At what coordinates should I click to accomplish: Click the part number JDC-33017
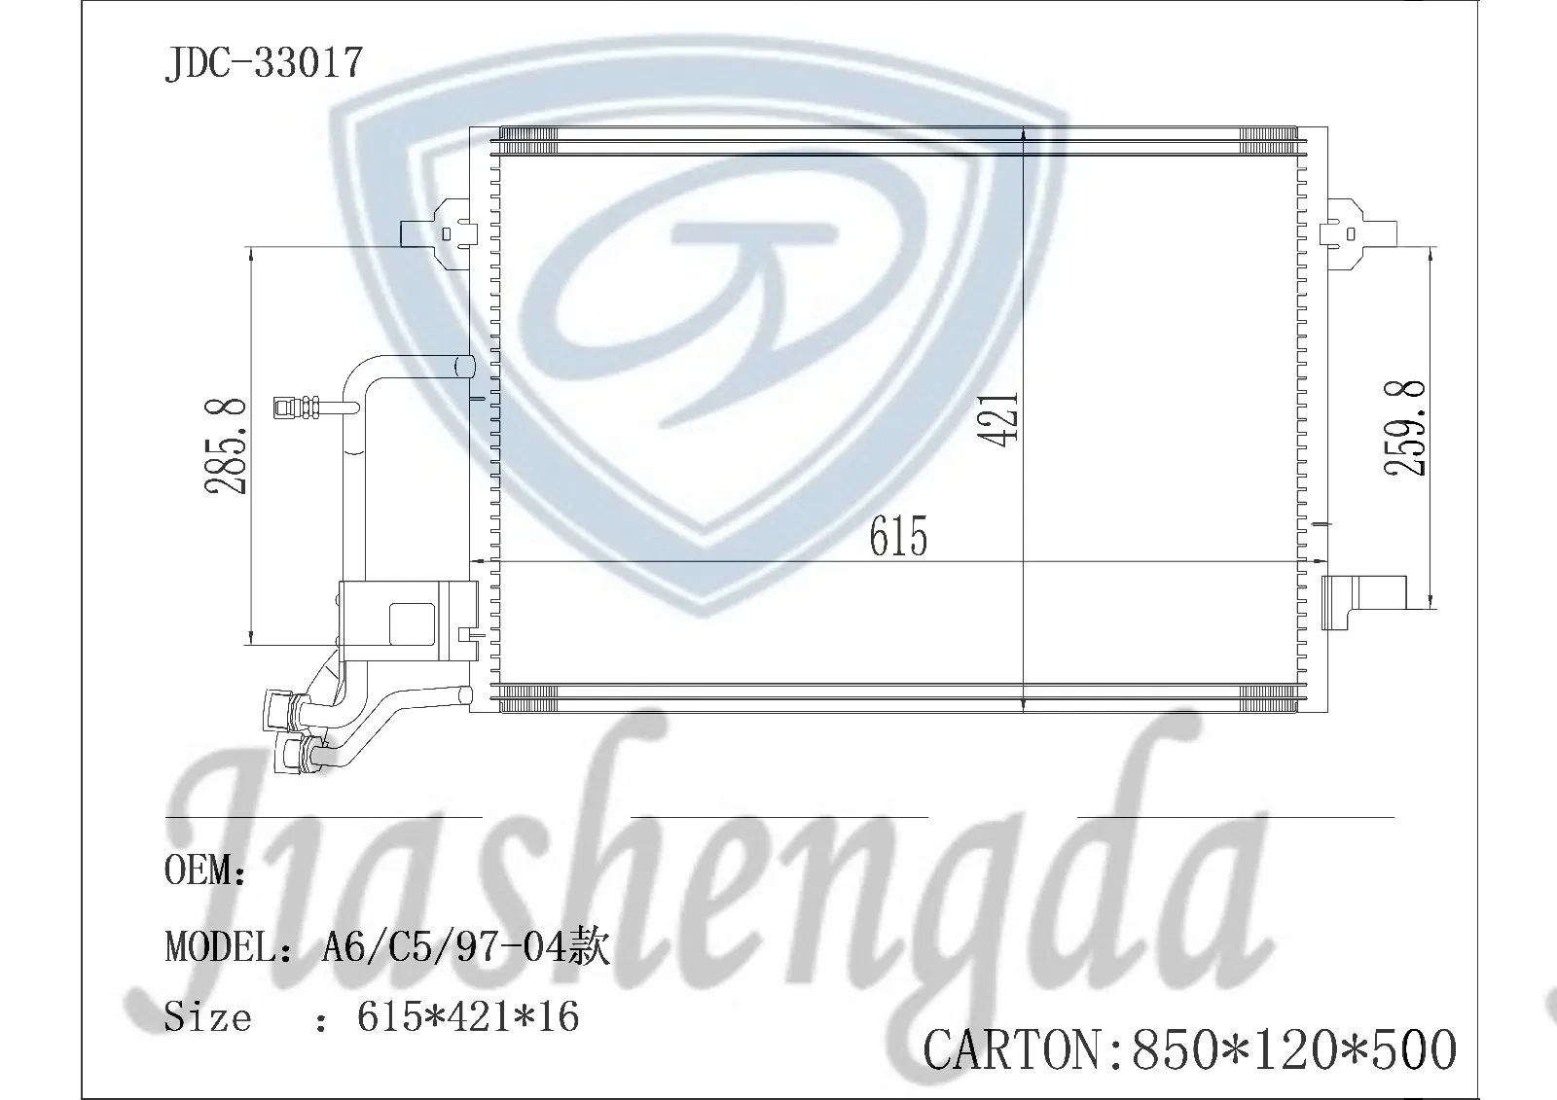coord(264,63)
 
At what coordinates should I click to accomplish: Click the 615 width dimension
coord(898,536)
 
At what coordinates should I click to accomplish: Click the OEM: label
coord(205,869)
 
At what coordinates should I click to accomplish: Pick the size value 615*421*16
coord(468,1016)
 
